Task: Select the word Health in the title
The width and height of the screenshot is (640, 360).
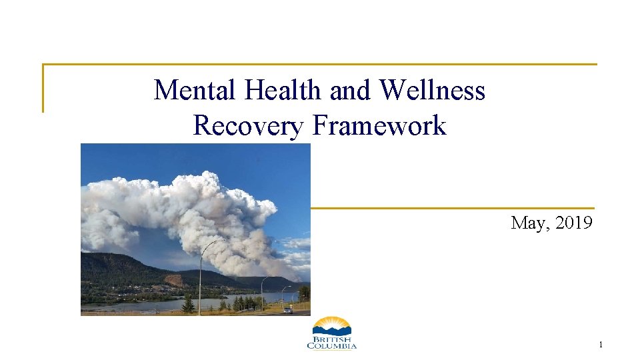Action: tap(284, 90)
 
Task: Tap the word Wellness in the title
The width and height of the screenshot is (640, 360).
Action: tap(433, 90)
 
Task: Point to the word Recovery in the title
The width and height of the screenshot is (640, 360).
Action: tap(247, 125)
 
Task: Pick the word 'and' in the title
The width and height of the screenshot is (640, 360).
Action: tap(353, 90)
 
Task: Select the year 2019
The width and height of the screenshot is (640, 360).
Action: tap(573, 223)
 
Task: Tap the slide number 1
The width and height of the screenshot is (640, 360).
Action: tap(601, 345)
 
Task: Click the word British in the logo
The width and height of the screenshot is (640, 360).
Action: tap(331, 339)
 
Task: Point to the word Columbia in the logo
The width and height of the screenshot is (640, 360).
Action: tap(331, 346)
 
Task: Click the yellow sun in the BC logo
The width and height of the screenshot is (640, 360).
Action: tap(331, 323)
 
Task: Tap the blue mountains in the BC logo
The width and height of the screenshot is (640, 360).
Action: tap(331, 330)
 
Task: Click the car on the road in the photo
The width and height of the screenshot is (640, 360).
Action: tap(287, 310)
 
